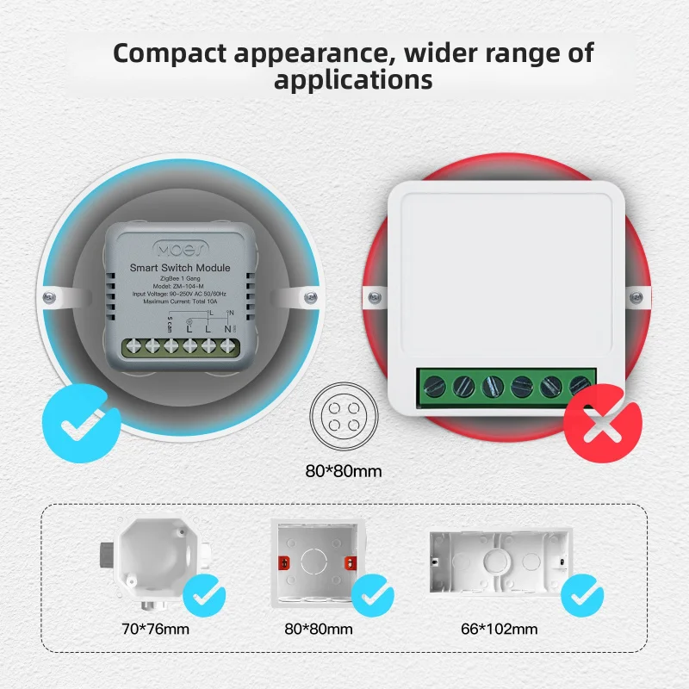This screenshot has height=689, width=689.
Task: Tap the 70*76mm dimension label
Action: click(x=155, y=629)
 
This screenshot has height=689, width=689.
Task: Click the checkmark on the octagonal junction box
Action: click(x=205, y=594)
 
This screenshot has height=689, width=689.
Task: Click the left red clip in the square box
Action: click(x=280, y=563)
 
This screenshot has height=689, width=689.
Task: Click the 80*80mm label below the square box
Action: click(x=319, y=629)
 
